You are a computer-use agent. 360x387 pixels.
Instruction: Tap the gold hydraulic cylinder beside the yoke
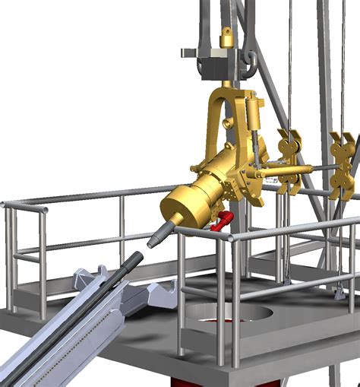253,114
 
